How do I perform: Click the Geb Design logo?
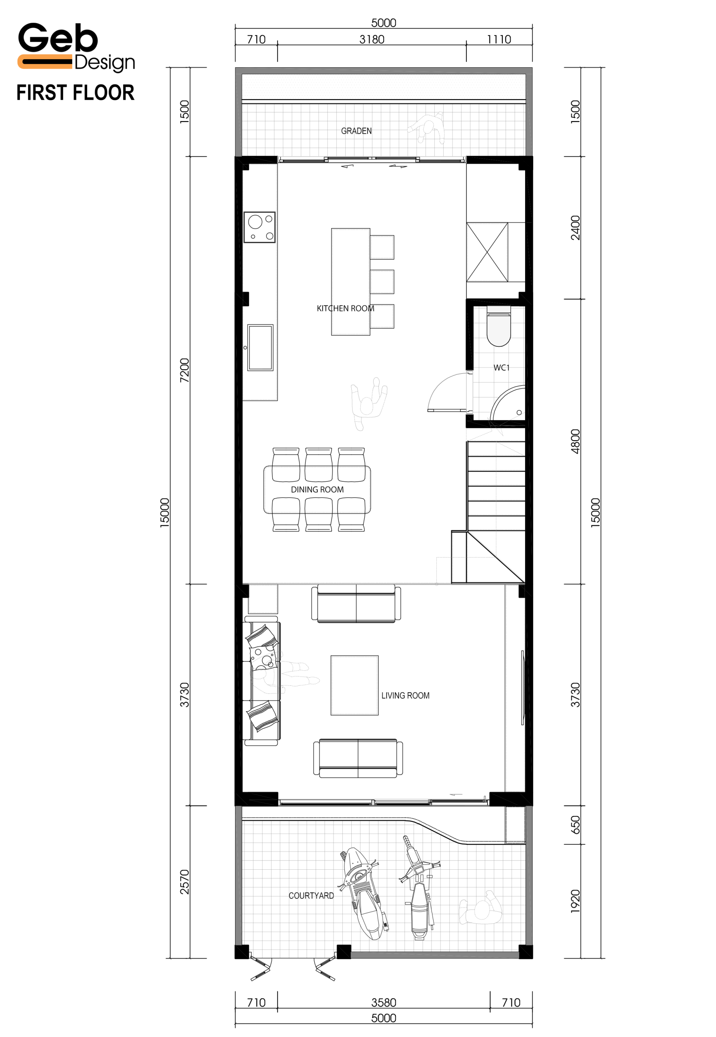point(76,47)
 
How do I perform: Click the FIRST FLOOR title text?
point(75,93)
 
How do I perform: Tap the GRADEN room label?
point(356,131)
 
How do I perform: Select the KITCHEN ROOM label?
point(345,309)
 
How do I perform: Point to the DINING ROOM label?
point(317,490)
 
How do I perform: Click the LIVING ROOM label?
point(405,696)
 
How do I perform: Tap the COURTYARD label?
point(311,896)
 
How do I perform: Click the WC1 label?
point(502,368)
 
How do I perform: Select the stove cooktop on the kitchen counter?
point(259,227)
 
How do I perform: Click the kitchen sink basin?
point(260,348)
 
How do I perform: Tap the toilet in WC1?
point(498,326)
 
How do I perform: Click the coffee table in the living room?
point(355,685)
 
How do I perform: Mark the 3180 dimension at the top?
point(372,39)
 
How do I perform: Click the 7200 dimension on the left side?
point(184,371)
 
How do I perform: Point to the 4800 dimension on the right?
point(575,442)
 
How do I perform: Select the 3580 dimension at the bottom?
point(384,1003)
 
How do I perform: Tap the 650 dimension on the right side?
point(575,825)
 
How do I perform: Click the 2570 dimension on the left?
point(184,882)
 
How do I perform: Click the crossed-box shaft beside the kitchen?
point(487,252)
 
